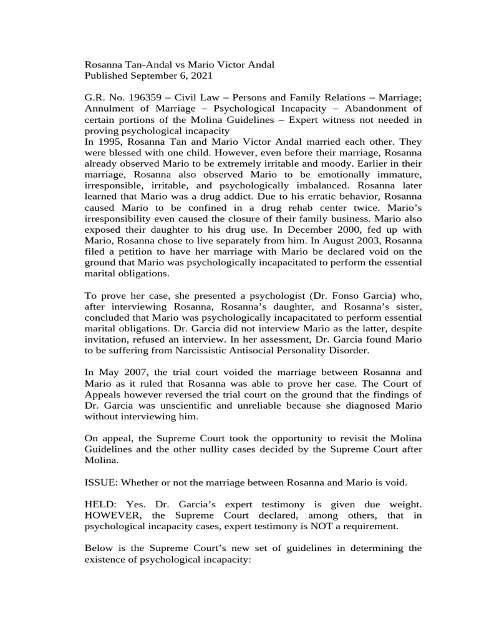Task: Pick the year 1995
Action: coord(110,142)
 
